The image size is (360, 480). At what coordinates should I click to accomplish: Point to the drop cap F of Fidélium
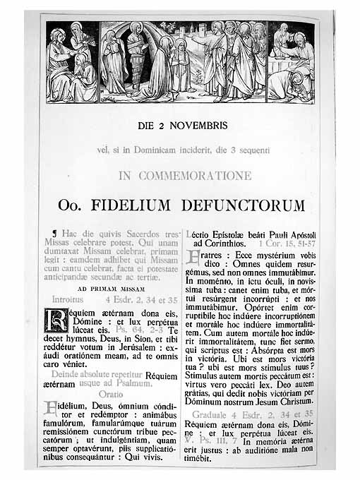tap(50, 408)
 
